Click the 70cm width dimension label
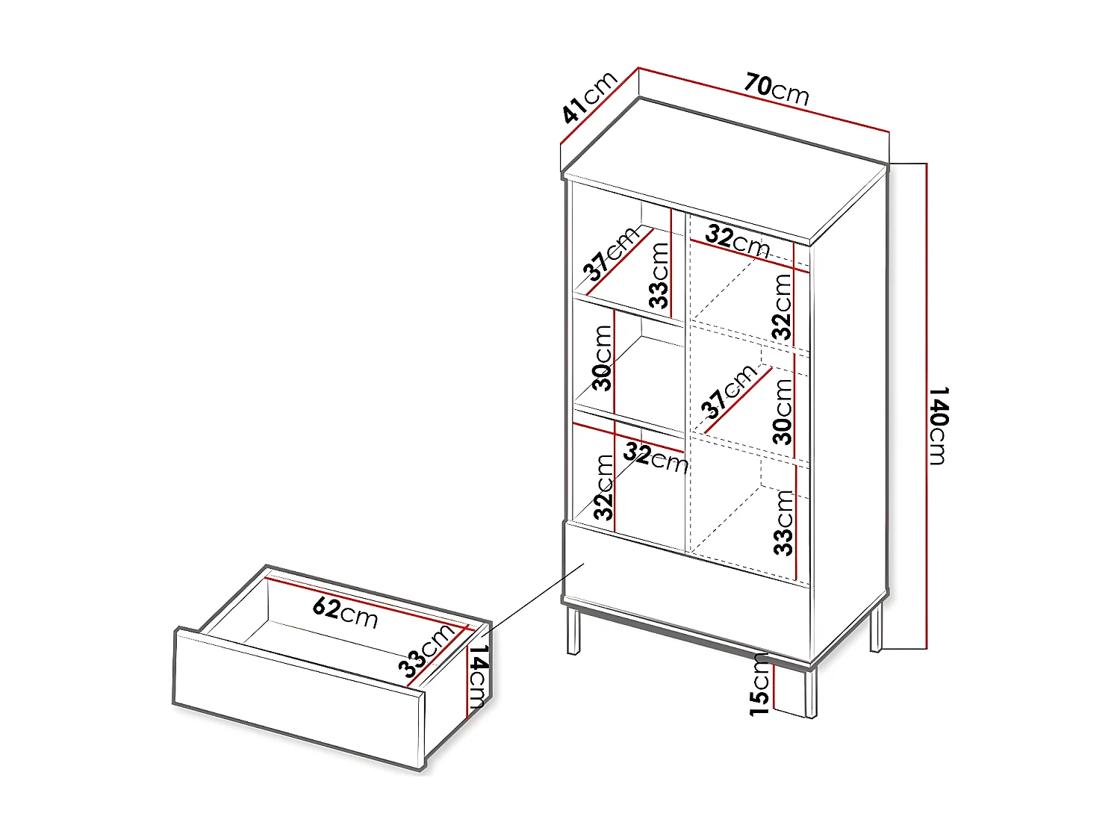[x=777, y=89]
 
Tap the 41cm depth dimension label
[x=589, y=97]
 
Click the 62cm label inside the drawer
[x=345, y=612]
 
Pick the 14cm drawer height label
[x=477, y=675]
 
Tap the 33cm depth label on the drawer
[x=426, y=651]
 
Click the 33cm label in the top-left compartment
[x=659, y=275]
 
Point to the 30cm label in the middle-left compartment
[x=603, y=358]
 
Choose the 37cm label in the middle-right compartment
[x=728, y=392]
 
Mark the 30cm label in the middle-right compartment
[x=783, y=411]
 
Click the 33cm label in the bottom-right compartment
[x=783, y=523]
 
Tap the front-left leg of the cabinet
[x=573, y=631]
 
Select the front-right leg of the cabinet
[x=810, y=693]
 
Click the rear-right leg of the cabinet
[x=876, y=627]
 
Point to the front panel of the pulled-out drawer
[x=299, y=698]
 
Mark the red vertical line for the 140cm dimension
[x=926, y=403]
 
